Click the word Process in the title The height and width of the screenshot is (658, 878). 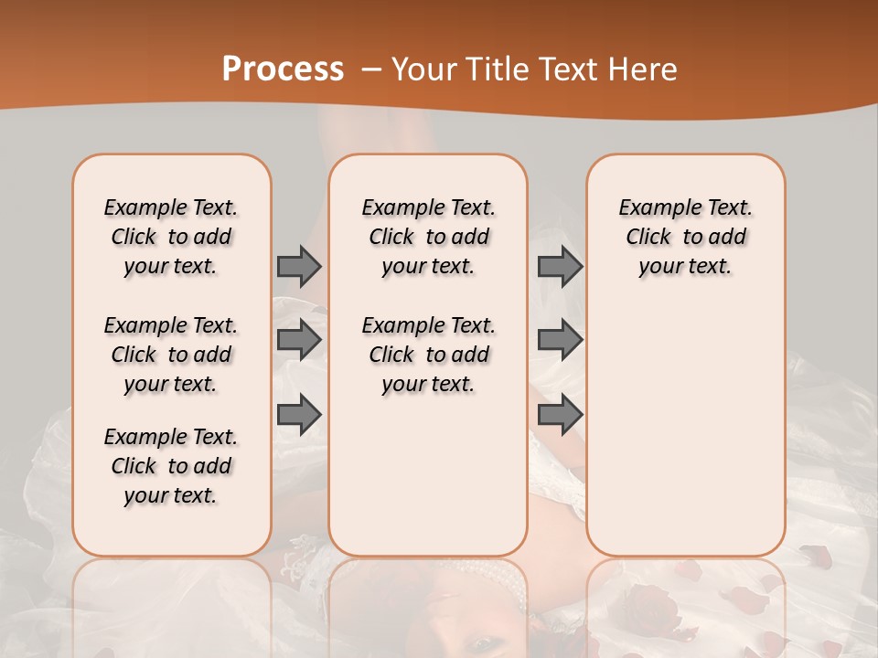pos(283,69)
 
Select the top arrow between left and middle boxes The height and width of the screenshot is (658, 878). pos(299,266)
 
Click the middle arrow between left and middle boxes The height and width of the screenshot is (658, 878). pos(299,340)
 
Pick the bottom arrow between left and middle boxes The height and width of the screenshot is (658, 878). pos(299,414)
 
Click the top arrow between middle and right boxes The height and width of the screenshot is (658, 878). pos(560,266)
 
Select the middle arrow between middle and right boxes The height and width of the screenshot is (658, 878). pos(560,340)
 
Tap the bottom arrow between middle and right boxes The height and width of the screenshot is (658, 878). pos(560,414)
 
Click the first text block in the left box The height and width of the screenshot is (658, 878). pos(171,237)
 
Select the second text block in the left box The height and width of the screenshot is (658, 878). pos(171,355)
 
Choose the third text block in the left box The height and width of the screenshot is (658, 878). pos(171,466)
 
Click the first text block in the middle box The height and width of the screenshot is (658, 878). pos(428,237)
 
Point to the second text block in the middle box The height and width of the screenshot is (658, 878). pos(428,355)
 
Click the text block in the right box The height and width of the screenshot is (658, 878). pos(685,237)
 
